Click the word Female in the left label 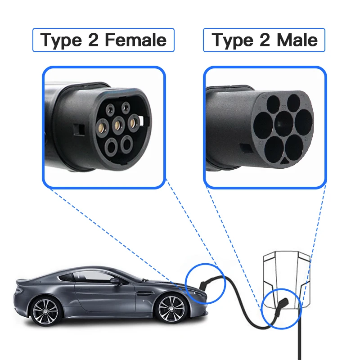pos(135,40)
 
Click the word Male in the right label pos(297,40)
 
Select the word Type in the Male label pos(232,40)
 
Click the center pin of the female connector pos(118,123)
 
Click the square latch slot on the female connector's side pos(80,129)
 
